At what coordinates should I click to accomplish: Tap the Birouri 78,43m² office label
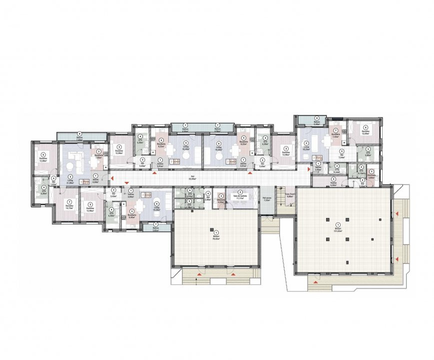point(216,238)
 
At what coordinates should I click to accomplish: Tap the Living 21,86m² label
point(70,182)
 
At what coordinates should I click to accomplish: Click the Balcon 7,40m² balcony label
point(80,139)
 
